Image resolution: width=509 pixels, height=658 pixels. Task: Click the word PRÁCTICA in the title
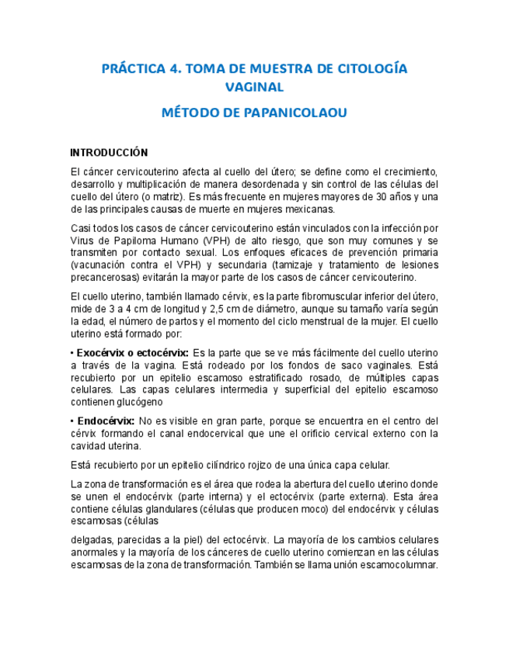[x=132, y=68]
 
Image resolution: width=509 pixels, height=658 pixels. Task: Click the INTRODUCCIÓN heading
[x=109, y=152]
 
